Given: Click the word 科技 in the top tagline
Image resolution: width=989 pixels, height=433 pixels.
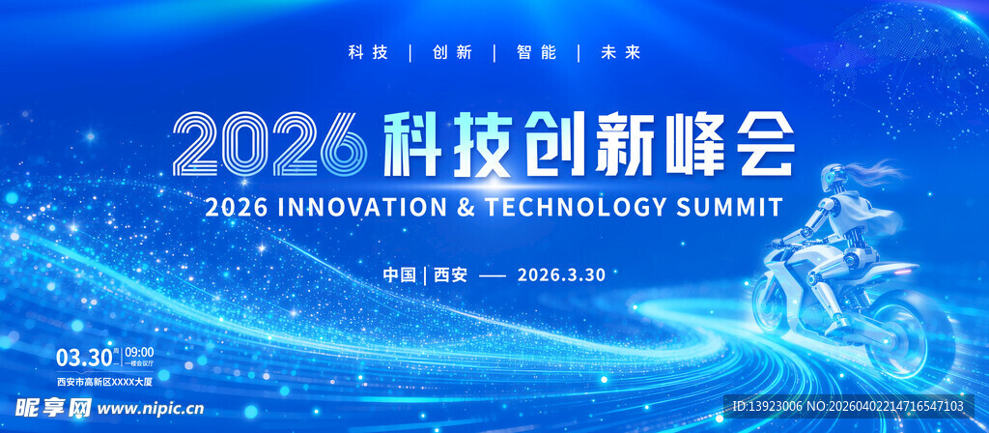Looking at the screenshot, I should [x=368, y=52].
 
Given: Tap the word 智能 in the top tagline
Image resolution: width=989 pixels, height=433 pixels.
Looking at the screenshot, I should [x=536, y=52].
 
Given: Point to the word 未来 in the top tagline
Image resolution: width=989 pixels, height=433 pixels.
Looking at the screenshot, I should [x=621, y=52].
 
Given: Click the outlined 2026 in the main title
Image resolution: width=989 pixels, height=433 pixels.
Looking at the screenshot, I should [x=269, y=143].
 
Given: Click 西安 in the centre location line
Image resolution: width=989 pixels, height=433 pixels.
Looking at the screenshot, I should [x=450, y=274].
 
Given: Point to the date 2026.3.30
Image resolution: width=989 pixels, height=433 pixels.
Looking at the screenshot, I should [x=561, y=274].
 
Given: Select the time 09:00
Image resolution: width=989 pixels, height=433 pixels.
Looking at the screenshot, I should [x=139, y=351].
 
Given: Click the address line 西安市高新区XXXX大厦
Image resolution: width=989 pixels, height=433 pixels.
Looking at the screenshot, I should [x=105, y=380].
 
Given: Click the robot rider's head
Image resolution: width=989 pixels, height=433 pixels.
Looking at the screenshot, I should [x=834, y=178].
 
